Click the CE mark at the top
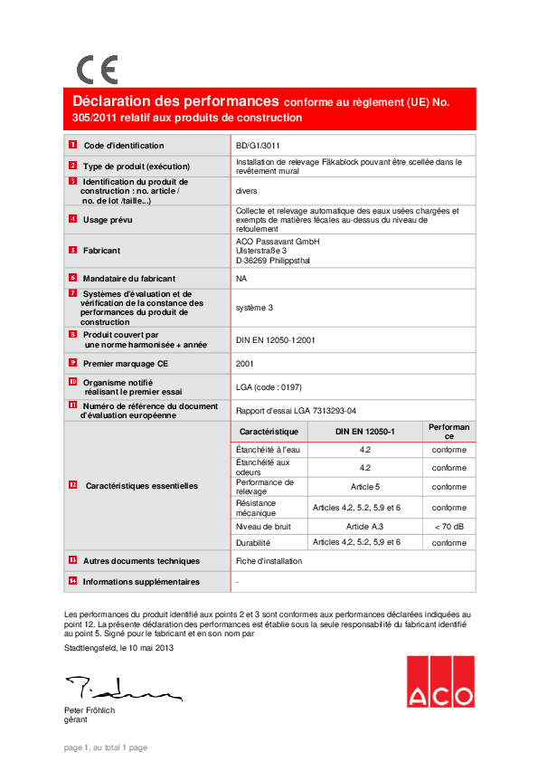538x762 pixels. click(x=97, y=70)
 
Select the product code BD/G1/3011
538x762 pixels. click(x=259, y=145)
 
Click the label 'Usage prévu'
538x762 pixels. click(x=108, y=219)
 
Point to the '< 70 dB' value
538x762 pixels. click(x=448, y=525)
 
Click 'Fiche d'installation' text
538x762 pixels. click(x=269, y=561)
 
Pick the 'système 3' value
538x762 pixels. click(x=254, y=308)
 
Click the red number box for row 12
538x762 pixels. click(x=73, y=486)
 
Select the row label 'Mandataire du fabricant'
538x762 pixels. click(x=129, y=279)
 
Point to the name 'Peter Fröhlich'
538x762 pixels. click(x=90, y=710)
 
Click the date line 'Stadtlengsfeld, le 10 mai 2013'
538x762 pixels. click(x=118, y=647)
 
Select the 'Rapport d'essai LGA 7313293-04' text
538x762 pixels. click(x=302, y=409)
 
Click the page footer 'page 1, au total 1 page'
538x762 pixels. click(x=105, y=748)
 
